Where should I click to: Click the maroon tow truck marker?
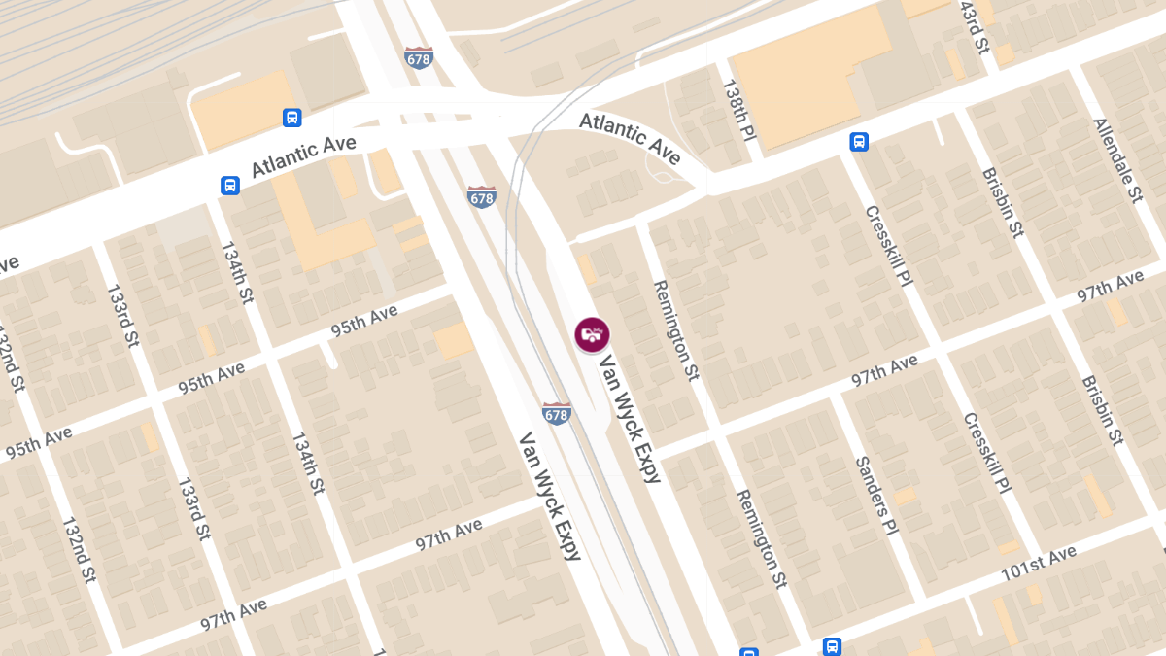point(591,335)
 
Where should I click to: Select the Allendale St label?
point(1117,160)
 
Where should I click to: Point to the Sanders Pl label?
point(875,497)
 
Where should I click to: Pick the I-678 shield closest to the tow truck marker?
point(556,413)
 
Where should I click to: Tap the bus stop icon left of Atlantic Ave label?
point(229,185)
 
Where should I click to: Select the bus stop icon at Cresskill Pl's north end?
point(859,142)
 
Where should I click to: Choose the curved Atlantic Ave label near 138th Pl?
point(631,138)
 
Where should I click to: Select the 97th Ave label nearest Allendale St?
point(1109,289)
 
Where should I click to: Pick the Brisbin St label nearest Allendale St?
point(1003,203)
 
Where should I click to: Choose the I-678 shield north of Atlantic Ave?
point(419,57)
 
